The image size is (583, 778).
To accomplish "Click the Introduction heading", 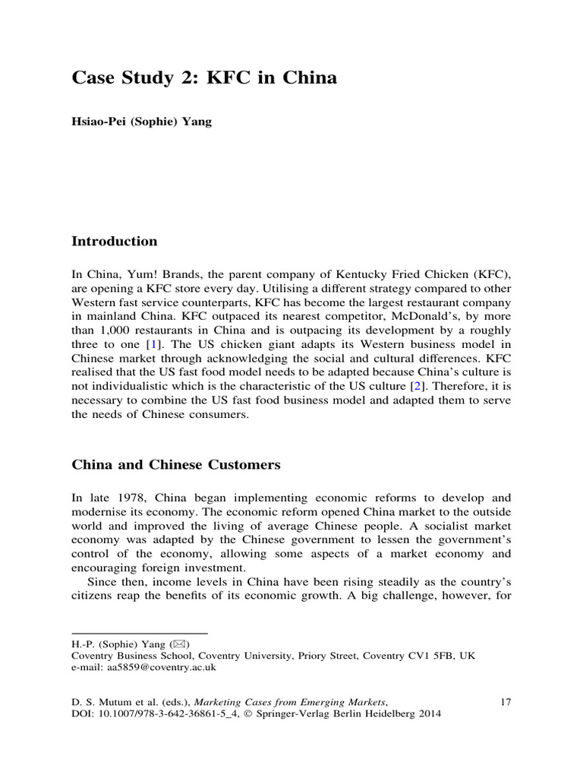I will click(x=114, y=242).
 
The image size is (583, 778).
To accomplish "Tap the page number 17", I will click(x=506, y=702).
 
